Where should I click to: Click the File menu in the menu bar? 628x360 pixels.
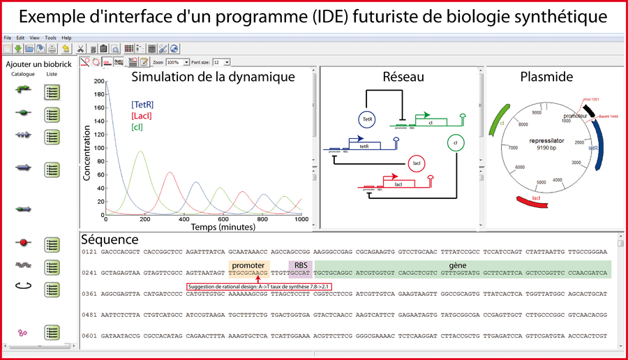[7, 37]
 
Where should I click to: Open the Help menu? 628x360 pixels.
[66, 37]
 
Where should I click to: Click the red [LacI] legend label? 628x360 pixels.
[142, 116]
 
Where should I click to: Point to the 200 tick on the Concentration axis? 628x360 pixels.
[98, 82]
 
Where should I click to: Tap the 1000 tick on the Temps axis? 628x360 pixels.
[301, 219]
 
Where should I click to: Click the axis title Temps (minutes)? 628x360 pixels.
[204, 227]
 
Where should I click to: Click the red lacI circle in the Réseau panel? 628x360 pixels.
[416, 164]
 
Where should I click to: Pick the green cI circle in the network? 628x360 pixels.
[455, 143]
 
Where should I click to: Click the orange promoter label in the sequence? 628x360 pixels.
[248, 266]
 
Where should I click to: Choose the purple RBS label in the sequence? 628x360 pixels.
[301, 266]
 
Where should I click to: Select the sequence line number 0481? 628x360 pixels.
[89, 315]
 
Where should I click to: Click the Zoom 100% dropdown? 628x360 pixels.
[178, 62]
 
